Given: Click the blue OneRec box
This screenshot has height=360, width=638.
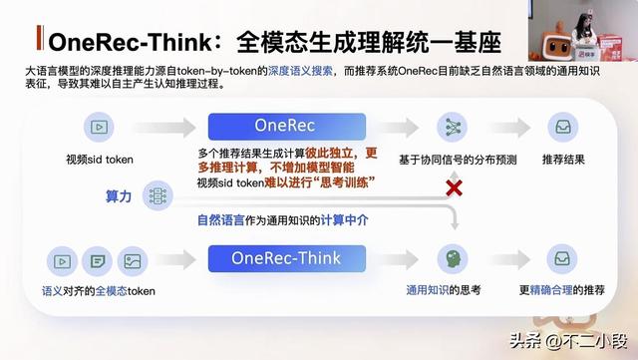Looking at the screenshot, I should coord(272,127).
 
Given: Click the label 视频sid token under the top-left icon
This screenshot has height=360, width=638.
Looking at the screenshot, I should coord(100,160).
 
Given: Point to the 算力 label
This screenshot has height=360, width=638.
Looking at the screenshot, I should coord(119,196).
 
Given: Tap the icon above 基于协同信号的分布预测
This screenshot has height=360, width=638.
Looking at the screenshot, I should coord(455,127).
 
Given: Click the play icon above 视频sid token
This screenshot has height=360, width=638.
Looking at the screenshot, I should coord(100,127).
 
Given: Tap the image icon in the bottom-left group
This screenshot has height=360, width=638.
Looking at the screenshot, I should coord(130,261).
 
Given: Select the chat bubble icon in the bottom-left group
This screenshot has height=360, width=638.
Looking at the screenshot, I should coord(97,261).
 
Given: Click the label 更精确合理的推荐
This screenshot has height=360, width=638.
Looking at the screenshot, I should coord(561,290).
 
